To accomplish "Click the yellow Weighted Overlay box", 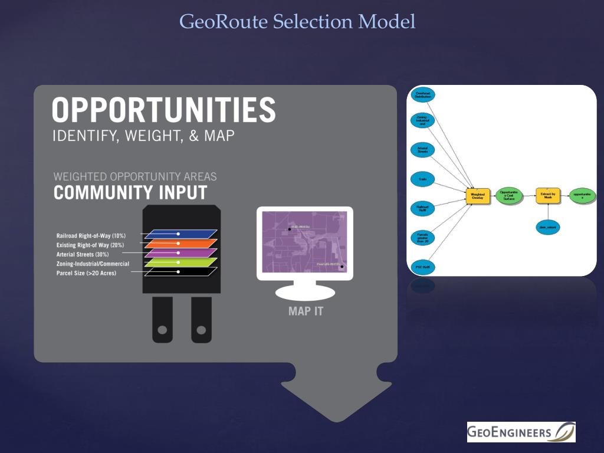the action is click(x=478, y=195).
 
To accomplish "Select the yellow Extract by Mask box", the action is click(x=547, y=195).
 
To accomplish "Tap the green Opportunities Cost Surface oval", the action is click(x=509, y=195).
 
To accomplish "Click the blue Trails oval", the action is click(x=422, y=178).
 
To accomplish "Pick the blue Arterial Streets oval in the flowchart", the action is click(x=422, y=150).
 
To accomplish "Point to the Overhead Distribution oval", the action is click(x=422, y=94).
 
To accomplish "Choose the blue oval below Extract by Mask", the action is click(x=547, y=226).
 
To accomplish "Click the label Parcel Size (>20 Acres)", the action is click(x=86, y=273).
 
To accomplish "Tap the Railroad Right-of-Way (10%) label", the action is click(x=91, y=235).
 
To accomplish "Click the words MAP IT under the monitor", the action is click(x=306, y=311).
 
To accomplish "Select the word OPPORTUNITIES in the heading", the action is click(x=163, y=110).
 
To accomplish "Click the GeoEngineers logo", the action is click(x=521, y=432).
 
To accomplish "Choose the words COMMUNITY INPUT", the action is click(x=130, y=193).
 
